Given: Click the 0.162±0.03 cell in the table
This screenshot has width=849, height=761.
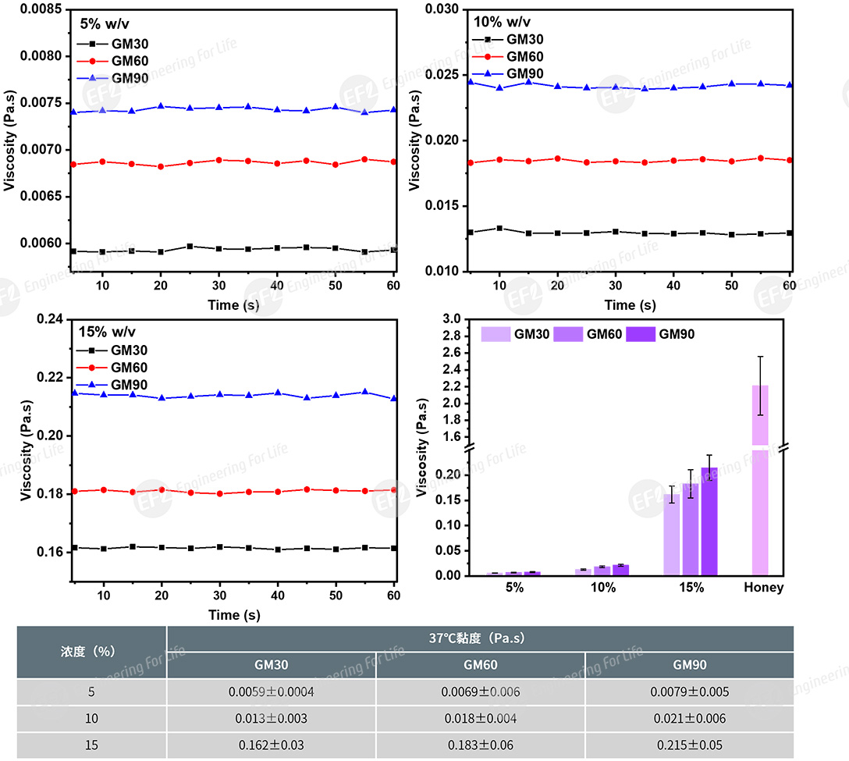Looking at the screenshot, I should [271, 745].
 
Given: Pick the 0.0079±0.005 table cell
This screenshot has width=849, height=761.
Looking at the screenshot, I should [689, 692].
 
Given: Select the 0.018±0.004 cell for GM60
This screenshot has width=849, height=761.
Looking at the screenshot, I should [480, 718].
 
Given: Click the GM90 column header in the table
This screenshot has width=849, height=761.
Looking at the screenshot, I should [689, 665].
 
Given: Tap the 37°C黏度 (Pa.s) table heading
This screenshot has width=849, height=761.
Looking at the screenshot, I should [480, 638].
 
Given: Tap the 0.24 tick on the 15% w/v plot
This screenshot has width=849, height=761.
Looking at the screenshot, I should [49, 319].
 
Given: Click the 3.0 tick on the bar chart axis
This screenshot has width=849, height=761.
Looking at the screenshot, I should [451, 320].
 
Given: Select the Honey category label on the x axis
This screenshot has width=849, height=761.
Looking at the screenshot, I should [764, 588].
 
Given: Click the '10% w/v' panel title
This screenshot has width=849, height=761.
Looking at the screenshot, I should [503, 21].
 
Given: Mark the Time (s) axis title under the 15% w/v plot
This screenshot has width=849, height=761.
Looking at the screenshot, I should [233, 615].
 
